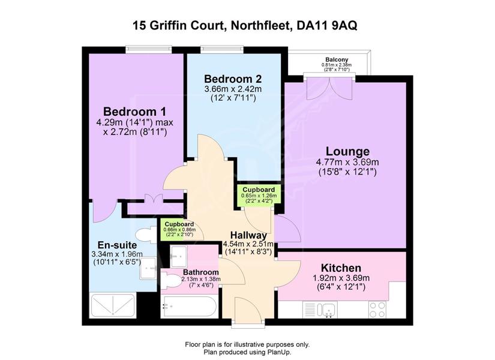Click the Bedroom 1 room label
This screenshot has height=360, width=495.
[135, 112]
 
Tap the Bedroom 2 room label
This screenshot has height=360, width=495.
[233, 79]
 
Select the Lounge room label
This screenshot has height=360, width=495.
[347, 152]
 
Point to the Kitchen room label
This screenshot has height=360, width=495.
[341, 268]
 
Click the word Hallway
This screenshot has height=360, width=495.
[248, 235]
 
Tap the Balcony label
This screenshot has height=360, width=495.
[337, 59]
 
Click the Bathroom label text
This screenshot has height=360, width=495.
[201, 272]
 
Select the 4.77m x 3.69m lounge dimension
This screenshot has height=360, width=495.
[347, 163]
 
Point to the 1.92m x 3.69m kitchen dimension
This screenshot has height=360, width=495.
[341, 278]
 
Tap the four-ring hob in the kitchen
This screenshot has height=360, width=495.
[377, 310]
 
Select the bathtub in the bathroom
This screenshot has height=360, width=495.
[188, 307]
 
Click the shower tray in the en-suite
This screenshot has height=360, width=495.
[113, 305]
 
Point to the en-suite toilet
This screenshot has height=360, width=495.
[146, 235]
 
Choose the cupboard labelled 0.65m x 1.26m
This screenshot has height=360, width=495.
[259, 195]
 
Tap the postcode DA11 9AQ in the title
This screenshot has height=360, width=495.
[328, 26]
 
